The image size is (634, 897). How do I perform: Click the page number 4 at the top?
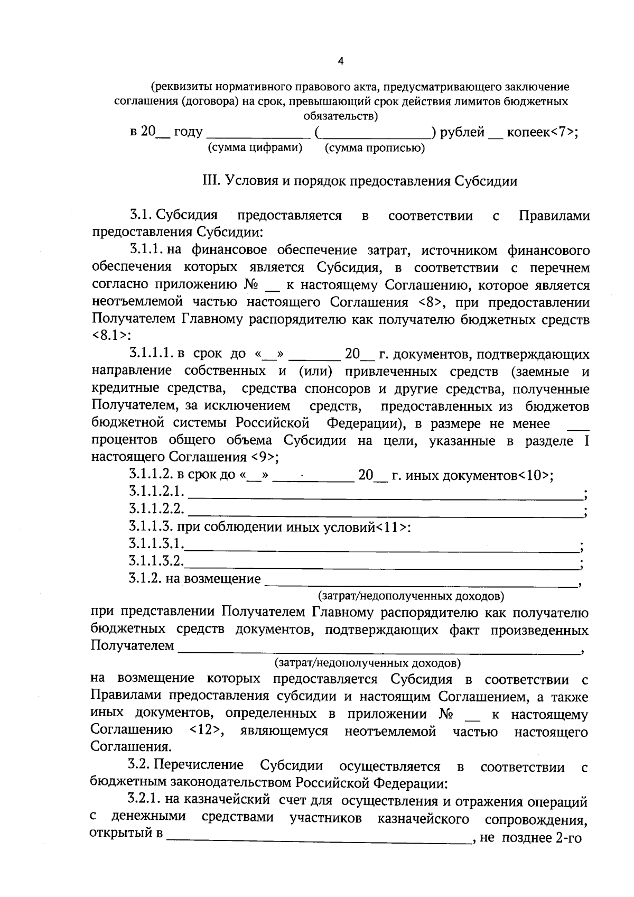(x=340, y=61)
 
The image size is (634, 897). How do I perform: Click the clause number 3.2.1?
(x=145, y=802)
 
